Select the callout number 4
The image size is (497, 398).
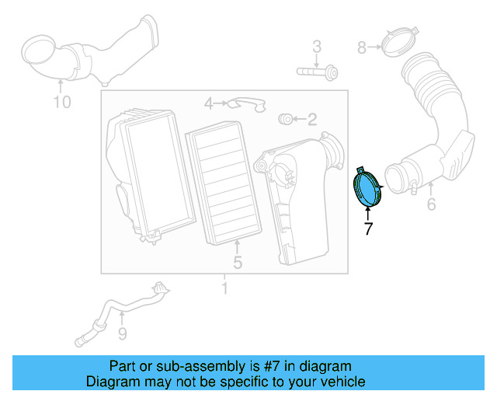[x=209, y=103]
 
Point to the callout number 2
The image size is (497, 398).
[x=312, y=120]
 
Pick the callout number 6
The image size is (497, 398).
[x=431, y=205]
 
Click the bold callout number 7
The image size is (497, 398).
[x=369, y=229]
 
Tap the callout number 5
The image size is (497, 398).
[x=238, y=263]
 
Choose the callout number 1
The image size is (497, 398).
[x=225, y=290]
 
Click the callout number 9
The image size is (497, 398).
[x=122, y=334]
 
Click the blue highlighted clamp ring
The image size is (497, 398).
[x=367, y=189]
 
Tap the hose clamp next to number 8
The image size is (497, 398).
[x=402, y=44]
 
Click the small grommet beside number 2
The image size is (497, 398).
[x=286, y=119]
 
